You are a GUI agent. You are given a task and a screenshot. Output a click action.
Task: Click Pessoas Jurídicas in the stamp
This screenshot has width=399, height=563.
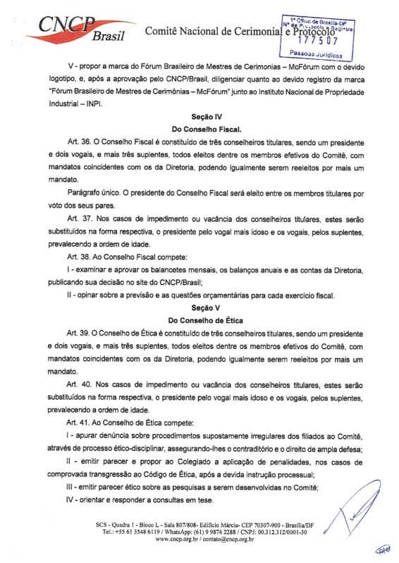coord(316,53)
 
